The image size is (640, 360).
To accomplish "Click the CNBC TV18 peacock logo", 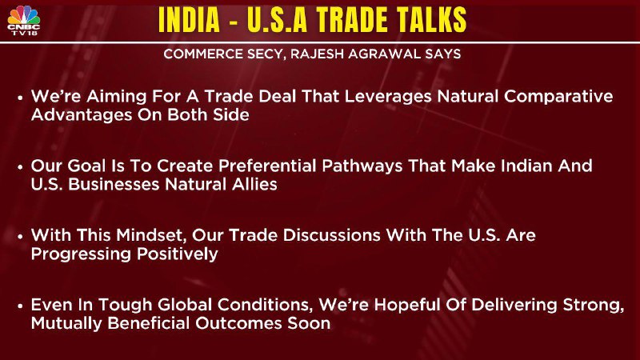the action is (x=24, y=20).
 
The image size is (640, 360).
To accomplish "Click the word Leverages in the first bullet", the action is (x=388, y=97).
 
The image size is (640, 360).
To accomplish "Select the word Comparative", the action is (x=558, y=97).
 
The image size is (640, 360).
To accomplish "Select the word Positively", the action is (x=177, y=254).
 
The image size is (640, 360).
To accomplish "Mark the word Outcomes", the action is (x=238, y=323).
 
